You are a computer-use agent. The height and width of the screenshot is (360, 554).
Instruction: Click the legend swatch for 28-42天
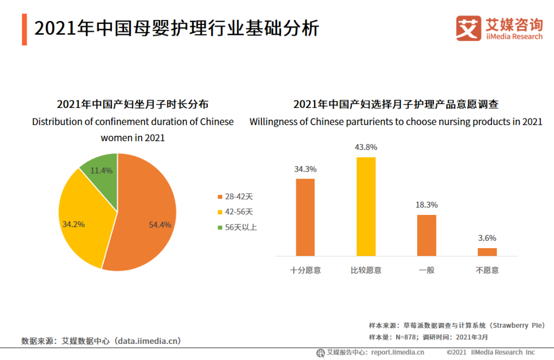coord(220,197)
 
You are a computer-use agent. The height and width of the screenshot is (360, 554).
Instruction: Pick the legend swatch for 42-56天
coord(220,212)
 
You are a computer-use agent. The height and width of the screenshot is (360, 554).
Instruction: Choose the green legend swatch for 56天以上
coord(220,227)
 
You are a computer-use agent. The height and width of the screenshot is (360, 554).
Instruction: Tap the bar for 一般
coord(427,235)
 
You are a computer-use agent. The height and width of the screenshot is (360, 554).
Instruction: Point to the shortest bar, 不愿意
coord(487,251)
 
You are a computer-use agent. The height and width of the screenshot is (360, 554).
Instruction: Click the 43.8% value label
coord(366,147)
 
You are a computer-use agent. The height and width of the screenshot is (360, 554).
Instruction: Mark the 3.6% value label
coord(487,238)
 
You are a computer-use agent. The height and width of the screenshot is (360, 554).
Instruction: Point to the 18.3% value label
coord(427,205)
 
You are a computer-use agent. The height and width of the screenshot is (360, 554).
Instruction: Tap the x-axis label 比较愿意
coord(366,270)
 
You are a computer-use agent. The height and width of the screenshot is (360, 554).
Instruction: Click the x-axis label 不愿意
coord(487,270)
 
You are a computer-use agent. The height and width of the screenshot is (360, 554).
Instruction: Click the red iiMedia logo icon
coord(468,28)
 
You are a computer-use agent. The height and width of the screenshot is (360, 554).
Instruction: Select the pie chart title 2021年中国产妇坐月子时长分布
coord(132,104)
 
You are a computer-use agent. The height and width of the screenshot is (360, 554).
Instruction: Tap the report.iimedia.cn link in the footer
coord(397,352)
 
